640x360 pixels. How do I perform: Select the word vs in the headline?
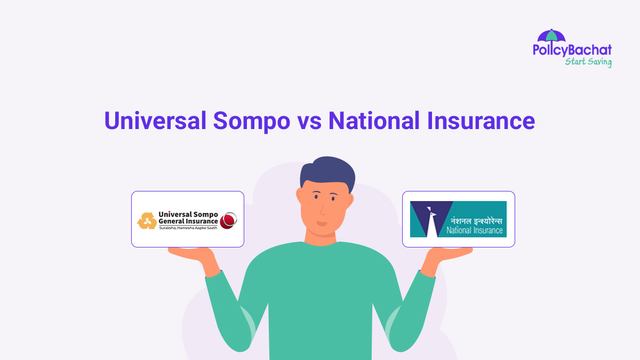pos(308,122)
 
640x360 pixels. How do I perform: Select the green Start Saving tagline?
pos(588,62)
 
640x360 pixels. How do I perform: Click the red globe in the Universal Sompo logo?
pos(229,220)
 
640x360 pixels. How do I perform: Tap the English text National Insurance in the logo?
pos(474,231)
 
